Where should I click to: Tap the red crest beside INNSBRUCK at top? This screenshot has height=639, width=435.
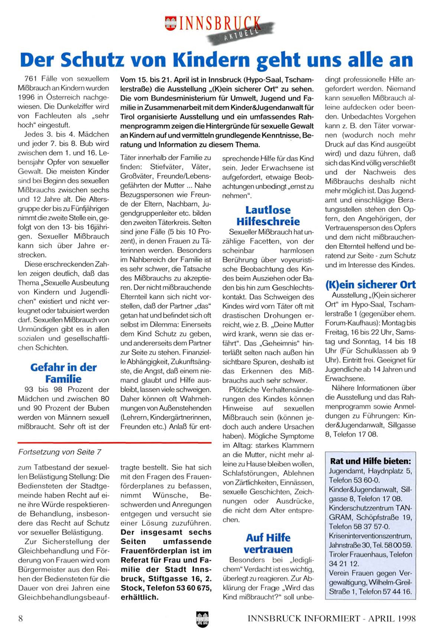tap(171, 23)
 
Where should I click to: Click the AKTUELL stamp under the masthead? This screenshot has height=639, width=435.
tap(241, 33)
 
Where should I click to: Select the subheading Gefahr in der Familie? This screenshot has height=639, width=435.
tap(64, 373)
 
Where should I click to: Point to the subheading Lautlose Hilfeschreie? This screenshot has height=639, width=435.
tap(268, 215)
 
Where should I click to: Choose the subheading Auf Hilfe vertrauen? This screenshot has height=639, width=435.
tap(268, 543)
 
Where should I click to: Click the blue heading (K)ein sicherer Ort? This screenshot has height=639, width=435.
tap(370, 285)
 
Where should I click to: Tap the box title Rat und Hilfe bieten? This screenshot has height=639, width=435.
tap(370, 461)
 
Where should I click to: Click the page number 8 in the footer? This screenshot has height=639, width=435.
tap(20, 618)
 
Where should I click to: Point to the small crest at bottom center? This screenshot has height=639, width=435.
tap(202, 619)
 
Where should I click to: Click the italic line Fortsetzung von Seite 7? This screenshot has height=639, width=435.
tap(60, 452)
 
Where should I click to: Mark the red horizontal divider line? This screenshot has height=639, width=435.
tap(114, 443)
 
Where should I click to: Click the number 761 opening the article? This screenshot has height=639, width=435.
tap(30, 79)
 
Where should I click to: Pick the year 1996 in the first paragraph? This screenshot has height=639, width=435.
tap(26, 97)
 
